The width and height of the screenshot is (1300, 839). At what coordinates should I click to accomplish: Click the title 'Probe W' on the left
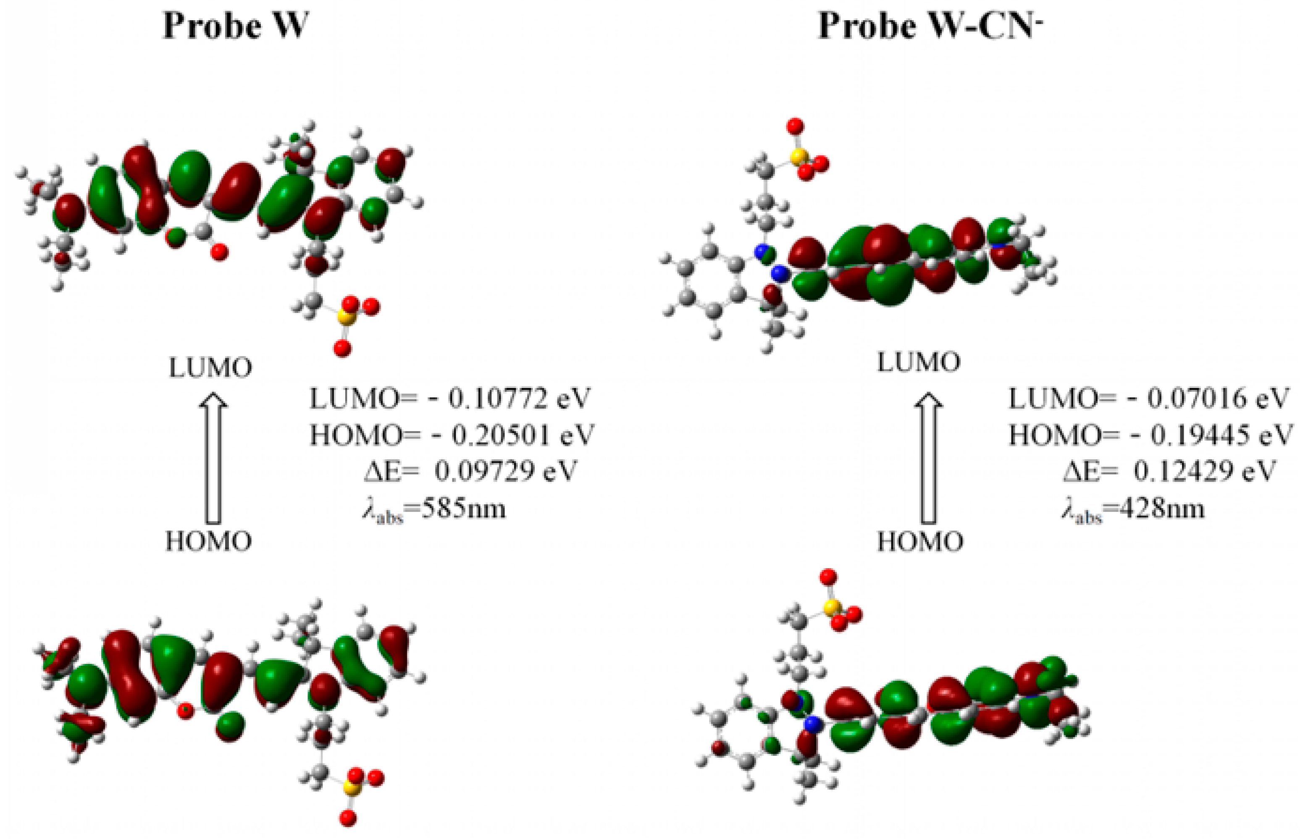pos(235,26)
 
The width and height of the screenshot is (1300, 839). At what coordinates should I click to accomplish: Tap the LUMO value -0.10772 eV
pos(450,399)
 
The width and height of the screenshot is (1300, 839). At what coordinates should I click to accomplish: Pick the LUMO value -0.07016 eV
pos(1148,399)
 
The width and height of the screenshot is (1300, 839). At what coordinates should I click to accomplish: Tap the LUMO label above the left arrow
pos(210,369)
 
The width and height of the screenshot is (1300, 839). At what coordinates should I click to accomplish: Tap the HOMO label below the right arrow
pos(920,542)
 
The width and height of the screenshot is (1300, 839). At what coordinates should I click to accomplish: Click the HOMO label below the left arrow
pos(209,542)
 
